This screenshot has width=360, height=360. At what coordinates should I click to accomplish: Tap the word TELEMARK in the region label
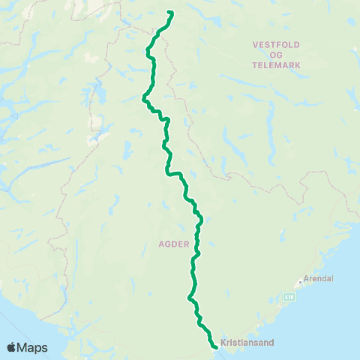click(276, 65)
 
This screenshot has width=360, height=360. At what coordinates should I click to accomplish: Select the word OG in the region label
click(276, 55)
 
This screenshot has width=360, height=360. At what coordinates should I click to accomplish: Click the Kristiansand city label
click(247, 343)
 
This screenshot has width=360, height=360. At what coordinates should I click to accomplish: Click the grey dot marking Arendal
click(301, 281)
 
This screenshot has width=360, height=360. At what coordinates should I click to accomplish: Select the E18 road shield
click(289, 297)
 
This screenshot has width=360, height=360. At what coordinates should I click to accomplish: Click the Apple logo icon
click(12, 347)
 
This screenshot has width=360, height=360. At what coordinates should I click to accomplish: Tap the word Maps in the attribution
click(33, 347)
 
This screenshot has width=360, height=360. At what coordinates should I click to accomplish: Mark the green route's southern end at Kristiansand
click(215, 347)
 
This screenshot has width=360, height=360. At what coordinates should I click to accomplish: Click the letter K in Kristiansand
click(223, 343)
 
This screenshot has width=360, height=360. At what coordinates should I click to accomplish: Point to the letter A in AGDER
click(160, 244)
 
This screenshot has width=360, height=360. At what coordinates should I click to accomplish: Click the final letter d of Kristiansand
click(272, 343)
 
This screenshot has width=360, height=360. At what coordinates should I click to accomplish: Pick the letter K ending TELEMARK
click(298, 65)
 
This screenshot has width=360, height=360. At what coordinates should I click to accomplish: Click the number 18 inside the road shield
click(291, 297)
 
